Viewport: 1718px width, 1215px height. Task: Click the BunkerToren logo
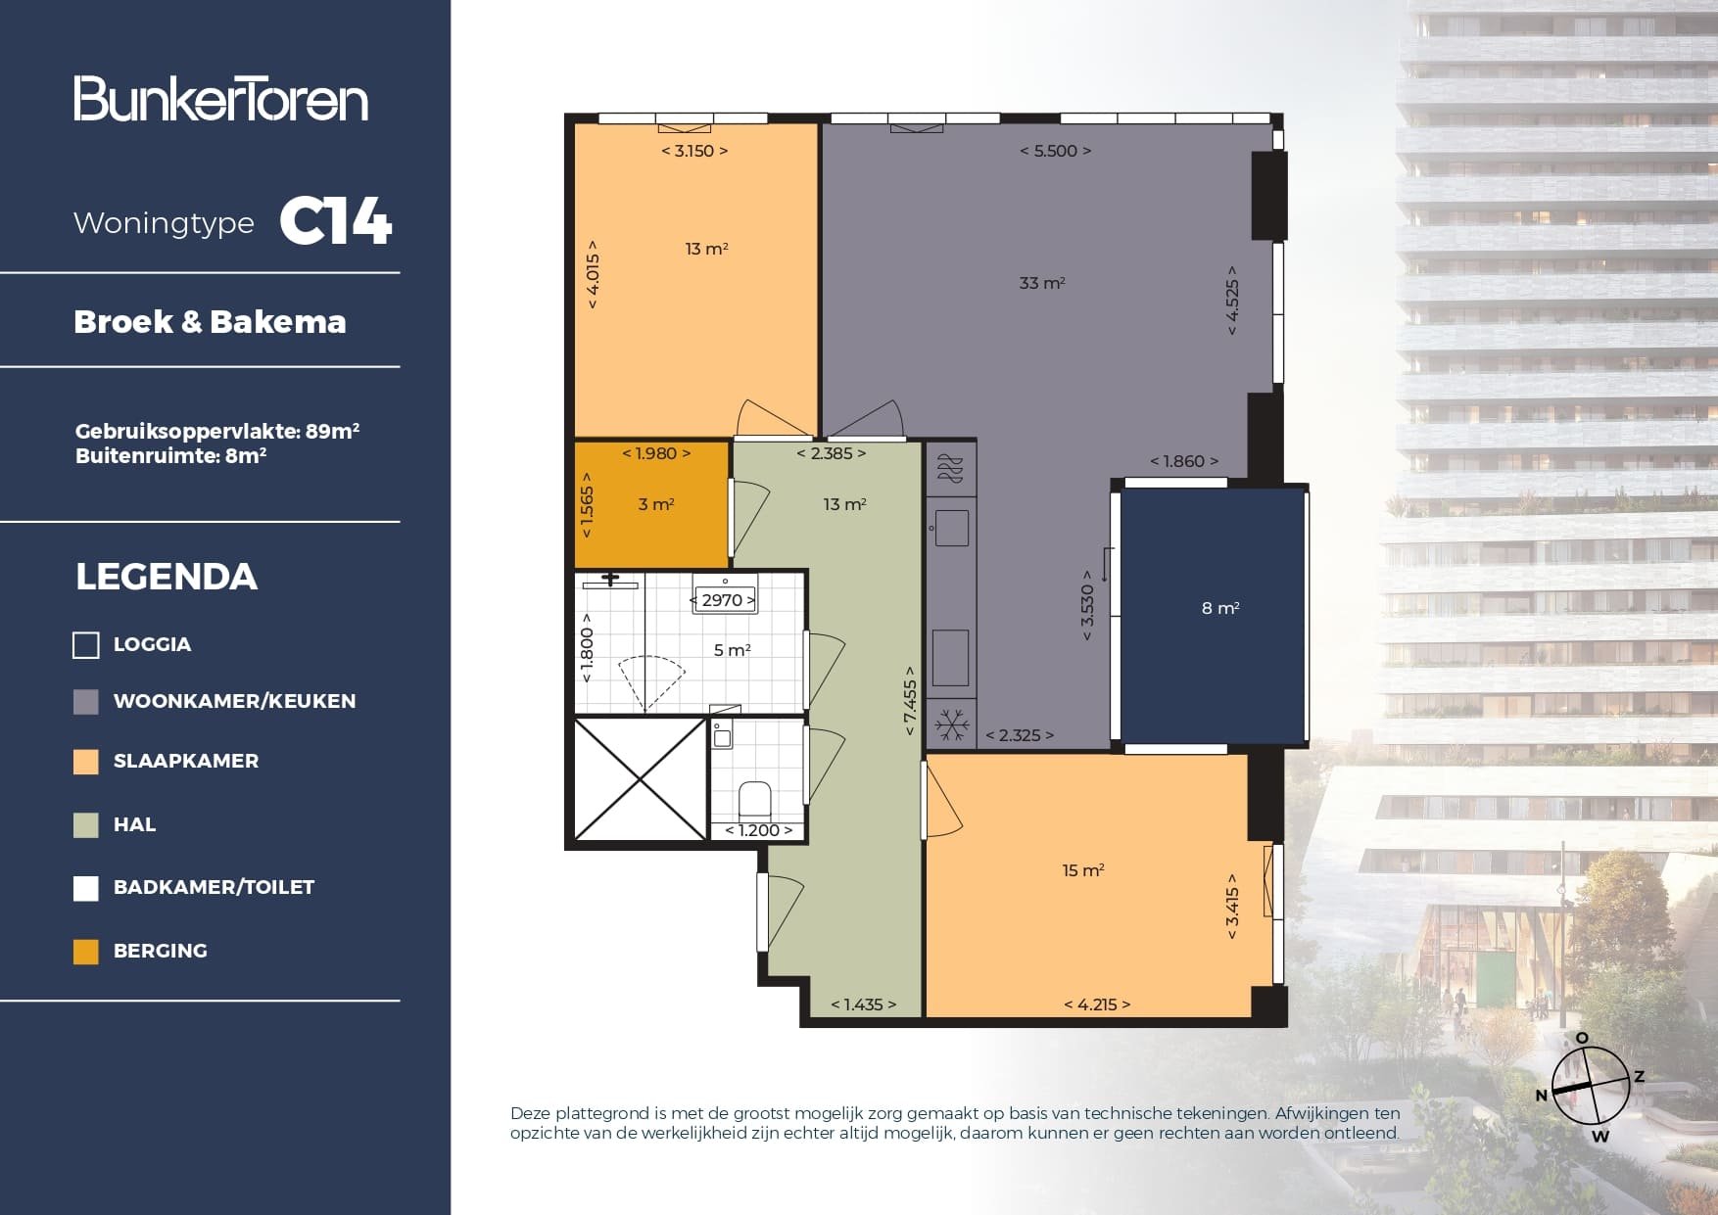click(x=221, y=99)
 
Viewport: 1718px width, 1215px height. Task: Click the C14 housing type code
click(x=336, y=221)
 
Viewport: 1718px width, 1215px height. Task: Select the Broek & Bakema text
click(x=210, y=322)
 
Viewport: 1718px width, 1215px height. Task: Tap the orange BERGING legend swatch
click(x=86, y=952)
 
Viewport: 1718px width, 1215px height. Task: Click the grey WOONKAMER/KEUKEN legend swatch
click(x=86, y=701)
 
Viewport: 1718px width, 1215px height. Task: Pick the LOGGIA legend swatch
click(x=86, y=645)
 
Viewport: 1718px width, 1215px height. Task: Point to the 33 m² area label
click(x=1041, y=283)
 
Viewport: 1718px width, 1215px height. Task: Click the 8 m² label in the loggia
click(x=1220, y=608)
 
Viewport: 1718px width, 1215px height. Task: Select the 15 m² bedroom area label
click(x=1082, y=870)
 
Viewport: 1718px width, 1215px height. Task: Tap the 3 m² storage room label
click(x=655, y=504)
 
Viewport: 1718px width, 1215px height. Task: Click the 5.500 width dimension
click(x=1055, y=151)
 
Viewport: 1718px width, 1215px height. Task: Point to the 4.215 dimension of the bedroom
click(x=1097, y=1005)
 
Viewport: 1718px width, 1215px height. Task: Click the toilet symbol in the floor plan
click(x=754, y=800)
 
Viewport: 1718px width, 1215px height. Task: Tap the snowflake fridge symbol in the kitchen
click(x=951, y=725)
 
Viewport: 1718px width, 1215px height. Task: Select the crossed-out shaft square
click(x=640, y=779)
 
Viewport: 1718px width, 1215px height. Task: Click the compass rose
click(x=1591, y=1086)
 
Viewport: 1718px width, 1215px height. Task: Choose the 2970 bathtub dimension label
click(x=723, y=600)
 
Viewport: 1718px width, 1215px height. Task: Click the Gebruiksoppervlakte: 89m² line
click(x=217, y=431)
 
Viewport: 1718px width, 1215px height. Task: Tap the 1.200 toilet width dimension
click(x=758, y=830)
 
